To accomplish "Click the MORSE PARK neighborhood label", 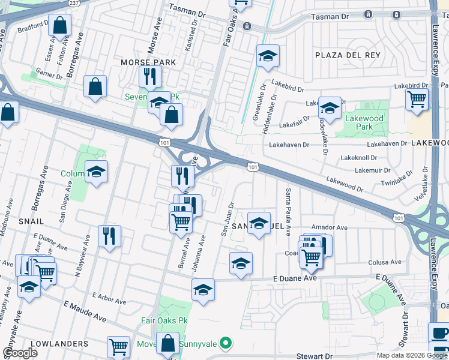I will point(148,62).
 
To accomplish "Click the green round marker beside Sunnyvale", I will point(225,344).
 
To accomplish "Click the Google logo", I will point(20,353).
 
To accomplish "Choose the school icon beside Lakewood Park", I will point(330,108).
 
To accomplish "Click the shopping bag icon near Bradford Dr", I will point(59,26).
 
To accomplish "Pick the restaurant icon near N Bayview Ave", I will point(109,236).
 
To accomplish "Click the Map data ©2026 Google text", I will point(411,355).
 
